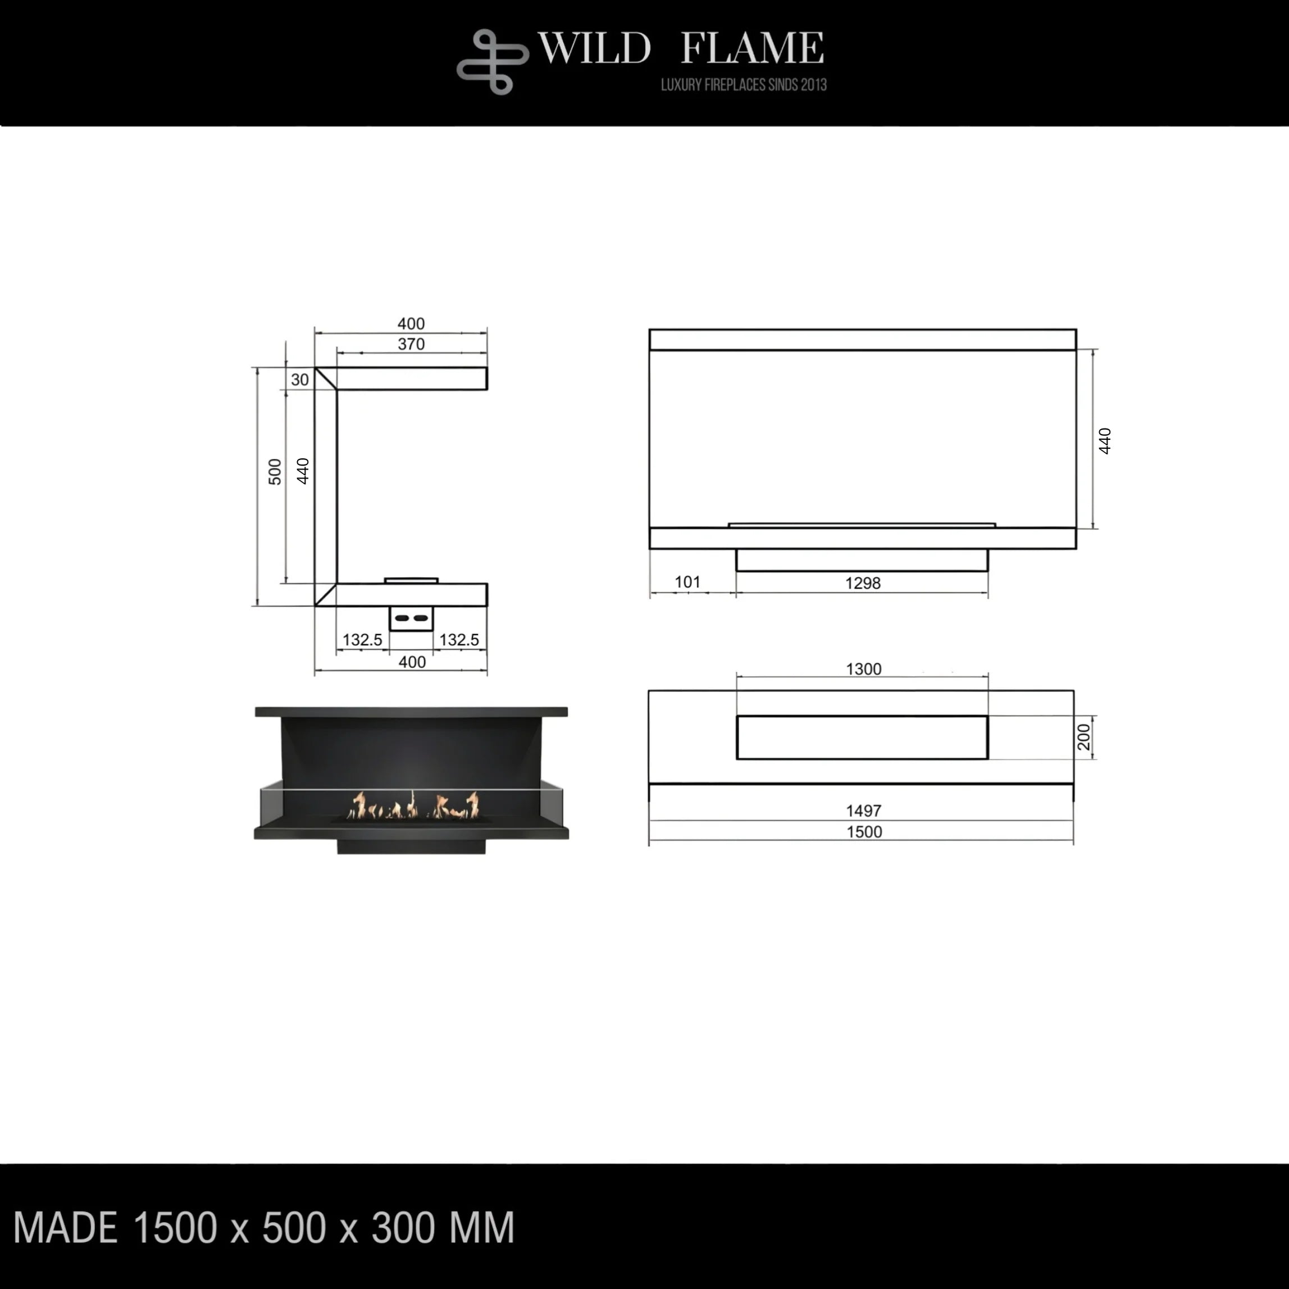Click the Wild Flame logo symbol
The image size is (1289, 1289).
coord(493,61)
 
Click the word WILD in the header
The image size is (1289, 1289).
coord(594,48)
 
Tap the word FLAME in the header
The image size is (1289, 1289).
coord(752,48)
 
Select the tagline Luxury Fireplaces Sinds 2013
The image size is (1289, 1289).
coord(743,85)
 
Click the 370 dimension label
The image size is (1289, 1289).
coord(411,344)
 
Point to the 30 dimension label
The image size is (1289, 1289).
coord(299,380)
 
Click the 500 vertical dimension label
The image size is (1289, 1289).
coord(275,472)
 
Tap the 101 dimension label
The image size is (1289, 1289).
coord(687,582)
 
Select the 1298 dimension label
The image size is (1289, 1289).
coord(863,583)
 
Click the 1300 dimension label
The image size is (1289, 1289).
coord(863,668)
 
